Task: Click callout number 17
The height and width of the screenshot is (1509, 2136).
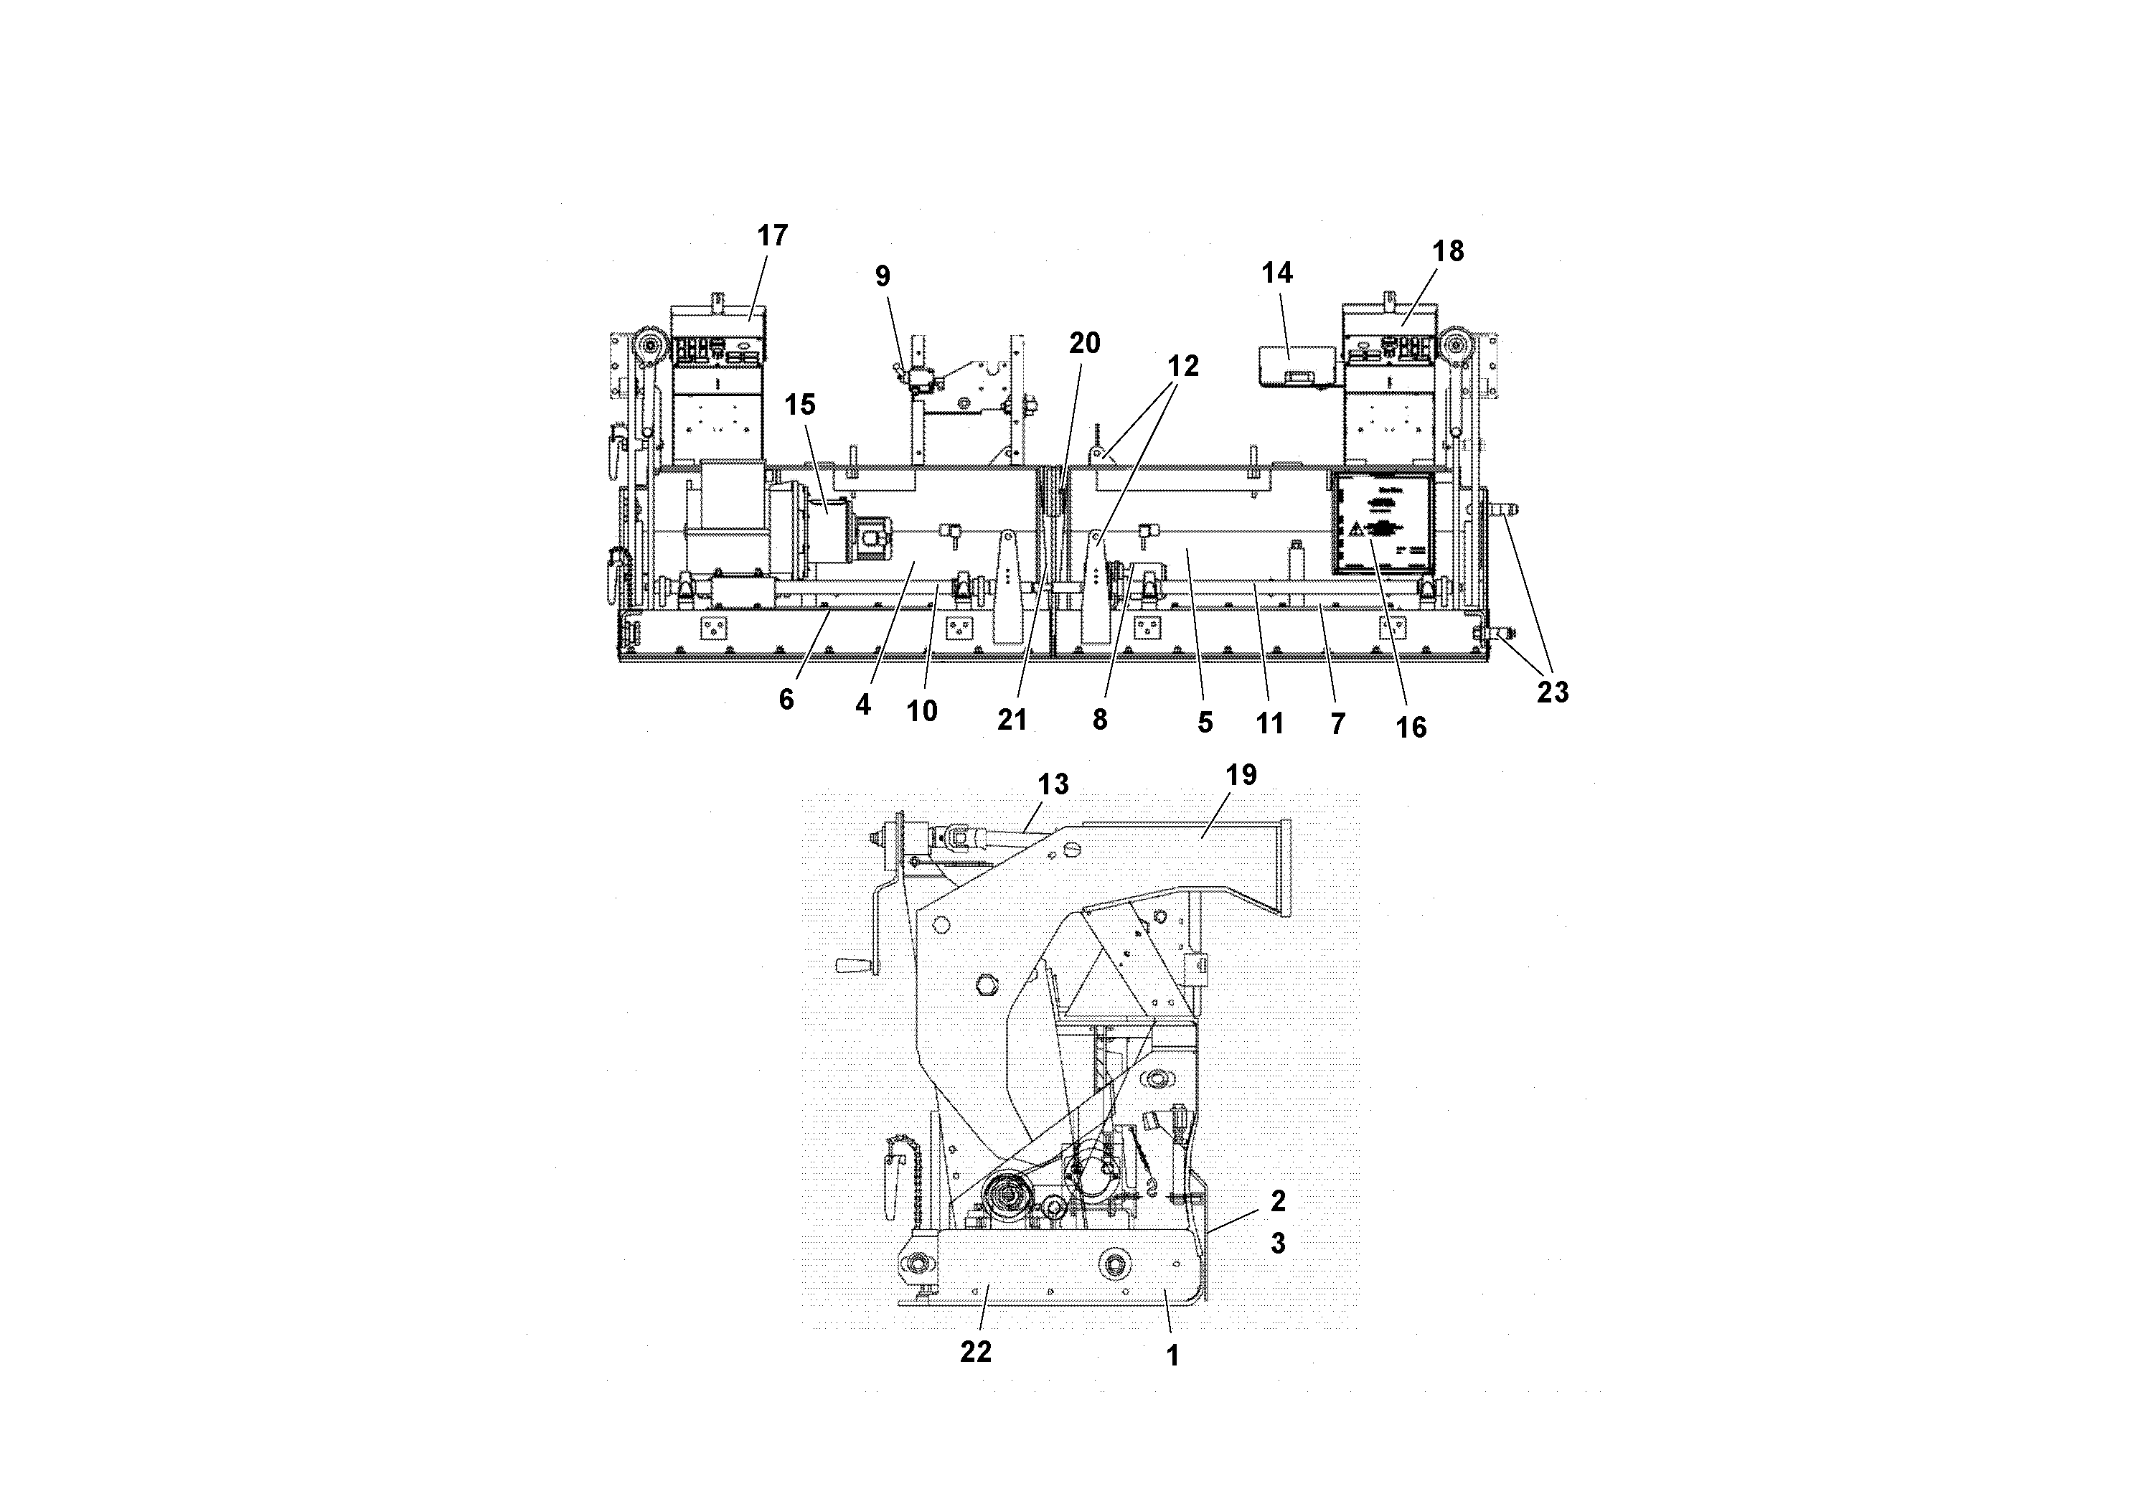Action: [772, 236]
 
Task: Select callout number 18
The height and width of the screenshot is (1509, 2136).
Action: [1449, 251]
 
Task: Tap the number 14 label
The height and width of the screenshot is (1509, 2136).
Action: [1277, 273]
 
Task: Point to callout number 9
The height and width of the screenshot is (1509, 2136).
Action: [882, 276]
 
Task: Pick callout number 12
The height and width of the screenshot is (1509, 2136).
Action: [1183, 367]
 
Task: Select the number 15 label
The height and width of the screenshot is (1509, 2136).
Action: [799, 405]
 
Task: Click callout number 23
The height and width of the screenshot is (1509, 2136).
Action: [1552, 692]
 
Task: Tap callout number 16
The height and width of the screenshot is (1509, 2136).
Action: [1411, 728]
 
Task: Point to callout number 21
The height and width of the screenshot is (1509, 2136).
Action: [1012, 719]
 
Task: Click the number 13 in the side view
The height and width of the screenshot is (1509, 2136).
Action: [1053, 785]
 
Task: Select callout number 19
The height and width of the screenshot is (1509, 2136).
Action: [1241, 775]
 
